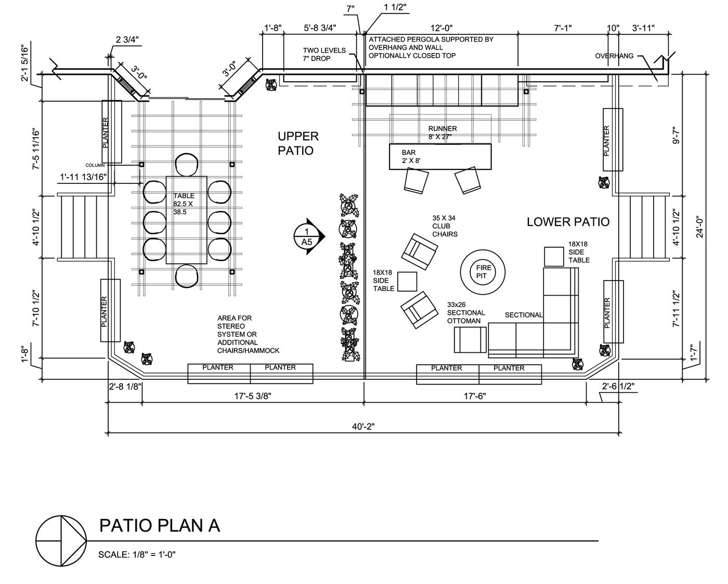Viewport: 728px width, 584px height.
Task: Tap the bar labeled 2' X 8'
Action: click(x=440, y=156)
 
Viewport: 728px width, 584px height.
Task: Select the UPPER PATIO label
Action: click(x=297, y=143)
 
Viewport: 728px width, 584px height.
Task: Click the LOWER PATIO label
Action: click(x=568, y=222)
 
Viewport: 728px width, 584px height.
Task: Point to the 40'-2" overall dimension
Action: click(x=363, y=426)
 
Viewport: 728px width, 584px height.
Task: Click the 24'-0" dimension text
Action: click(x=700, y=227)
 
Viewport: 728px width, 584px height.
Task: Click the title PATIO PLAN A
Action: click(x=160, y=525)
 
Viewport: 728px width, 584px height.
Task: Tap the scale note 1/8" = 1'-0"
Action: click(x=137, y=554)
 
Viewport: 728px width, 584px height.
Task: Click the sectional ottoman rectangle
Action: click(x=470, y=341)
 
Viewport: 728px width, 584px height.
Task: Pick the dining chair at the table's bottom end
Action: click(x=188, y=275)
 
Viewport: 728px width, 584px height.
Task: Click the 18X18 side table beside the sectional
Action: click(x=554, y=257)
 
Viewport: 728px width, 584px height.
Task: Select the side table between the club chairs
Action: click(x=408, y=282)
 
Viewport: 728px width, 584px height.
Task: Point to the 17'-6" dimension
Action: click(x=475, y=396)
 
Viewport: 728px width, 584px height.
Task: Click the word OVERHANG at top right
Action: click(x=614, y=56)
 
